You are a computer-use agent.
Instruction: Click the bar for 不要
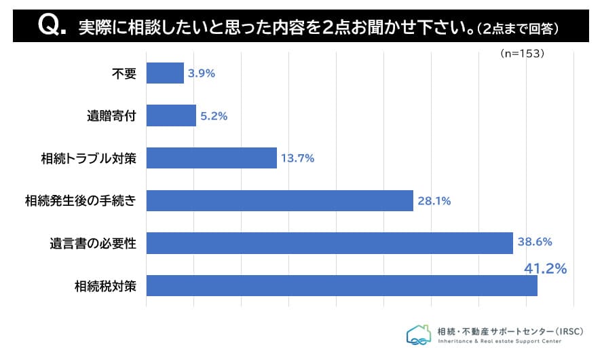click(x=165, y=73)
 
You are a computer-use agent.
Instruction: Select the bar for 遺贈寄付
click(x=171, y=115)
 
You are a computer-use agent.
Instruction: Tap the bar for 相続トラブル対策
click(x=211, y=158)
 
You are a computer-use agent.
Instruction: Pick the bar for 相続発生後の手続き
click(x=280, y=200)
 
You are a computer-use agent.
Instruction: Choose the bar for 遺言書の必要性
click(x=329, y=242)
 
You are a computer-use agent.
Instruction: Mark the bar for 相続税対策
click(x=341, y=285)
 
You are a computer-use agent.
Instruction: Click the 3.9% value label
click(x=202, y=73)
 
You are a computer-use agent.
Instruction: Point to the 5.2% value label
click(x=214, y=116)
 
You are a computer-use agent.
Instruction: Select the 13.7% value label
click(x=297, y=158)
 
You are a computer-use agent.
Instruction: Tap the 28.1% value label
click(x=434, y=200)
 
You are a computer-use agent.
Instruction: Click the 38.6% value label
click(x=535, y=241)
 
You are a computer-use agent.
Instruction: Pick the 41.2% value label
click(x=545, y=269)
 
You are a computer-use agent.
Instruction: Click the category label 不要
click(x=124, y=73)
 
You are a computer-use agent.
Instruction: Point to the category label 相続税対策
click(x=106, y=286)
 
